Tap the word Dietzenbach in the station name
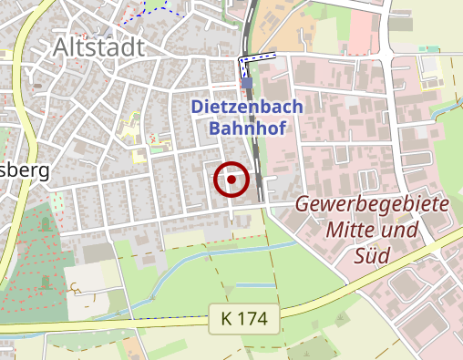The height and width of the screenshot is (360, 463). pos(247,107)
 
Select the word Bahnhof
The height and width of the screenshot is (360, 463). pos(248,128)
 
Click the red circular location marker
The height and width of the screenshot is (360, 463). pos(231,180)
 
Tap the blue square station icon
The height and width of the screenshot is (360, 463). pos(247,83)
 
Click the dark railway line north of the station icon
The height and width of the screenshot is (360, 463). pos(248,27)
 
